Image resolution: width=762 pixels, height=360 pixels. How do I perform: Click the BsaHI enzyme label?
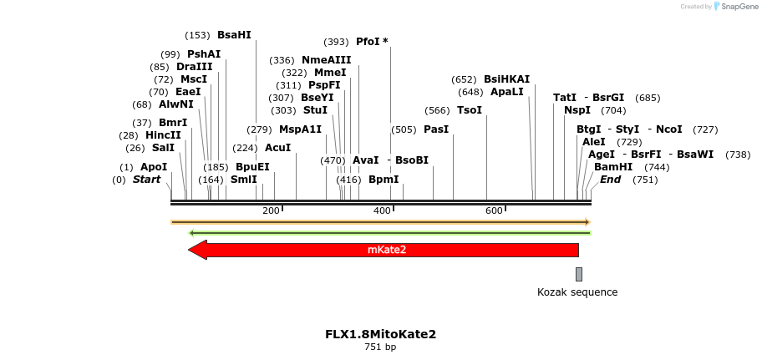coord(233,35)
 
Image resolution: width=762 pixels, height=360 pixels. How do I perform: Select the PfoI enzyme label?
coord(368,42)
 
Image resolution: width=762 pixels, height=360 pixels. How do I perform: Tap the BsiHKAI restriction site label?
coord(506,79)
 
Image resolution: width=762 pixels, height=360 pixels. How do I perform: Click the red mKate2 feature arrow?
coord(384,250)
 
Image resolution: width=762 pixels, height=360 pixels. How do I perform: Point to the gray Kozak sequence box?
coord(578,274)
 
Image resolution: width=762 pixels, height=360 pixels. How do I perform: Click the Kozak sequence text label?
coord(577,292)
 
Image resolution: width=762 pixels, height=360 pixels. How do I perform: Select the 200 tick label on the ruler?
coord(271,210)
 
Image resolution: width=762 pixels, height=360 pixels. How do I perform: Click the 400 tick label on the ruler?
coord(382,210)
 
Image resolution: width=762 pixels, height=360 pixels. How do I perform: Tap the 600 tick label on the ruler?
coord(493,210)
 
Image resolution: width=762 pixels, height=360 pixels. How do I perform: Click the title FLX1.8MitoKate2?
coord(380,334)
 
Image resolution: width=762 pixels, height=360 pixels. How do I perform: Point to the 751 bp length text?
coord(380,347)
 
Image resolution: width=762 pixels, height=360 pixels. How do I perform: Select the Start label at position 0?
coord(146,180)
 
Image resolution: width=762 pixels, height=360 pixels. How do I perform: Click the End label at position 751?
coord(610,180)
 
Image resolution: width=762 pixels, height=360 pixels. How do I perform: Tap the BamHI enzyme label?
coord(613,167)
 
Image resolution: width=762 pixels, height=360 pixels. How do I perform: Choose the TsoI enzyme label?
coord(469,110)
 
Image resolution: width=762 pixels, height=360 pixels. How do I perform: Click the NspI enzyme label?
coord(577,110)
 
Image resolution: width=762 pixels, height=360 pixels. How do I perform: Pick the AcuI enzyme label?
coord(277,148)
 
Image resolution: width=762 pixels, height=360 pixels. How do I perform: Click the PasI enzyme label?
coord(436,129)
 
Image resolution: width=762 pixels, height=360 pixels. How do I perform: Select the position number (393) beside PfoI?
coord(336,42)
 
